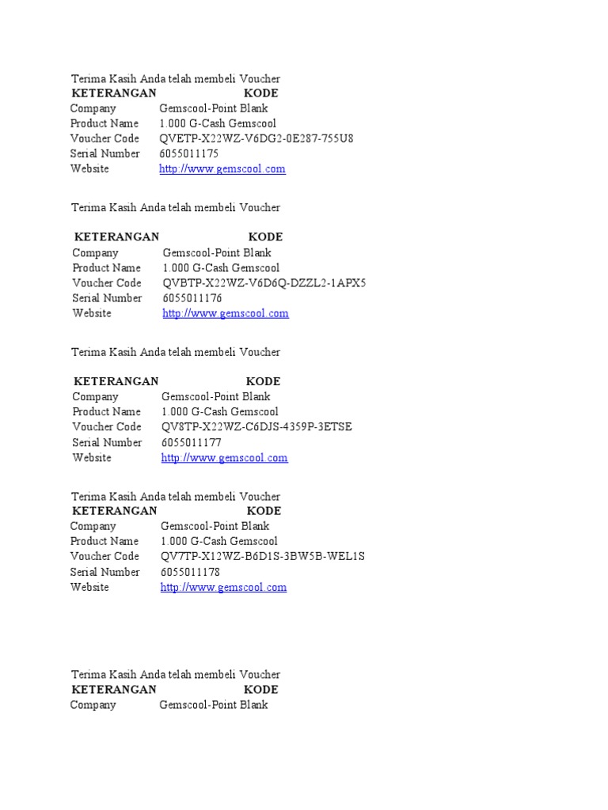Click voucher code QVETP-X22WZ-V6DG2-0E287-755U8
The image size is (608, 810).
256,138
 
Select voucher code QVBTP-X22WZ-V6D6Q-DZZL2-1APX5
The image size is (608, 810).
264,283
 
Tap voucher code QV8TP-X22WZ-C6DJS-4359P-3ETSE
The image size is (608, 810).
256,427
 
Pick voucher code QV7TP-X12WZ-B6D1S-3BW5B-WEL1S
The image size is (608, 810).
263,557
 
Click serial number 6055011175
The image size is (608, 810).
188,153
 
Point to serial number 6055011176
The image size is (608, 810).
192,298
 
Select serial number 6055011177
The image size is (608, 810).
191,442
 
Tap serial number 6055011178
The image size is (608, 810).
190,572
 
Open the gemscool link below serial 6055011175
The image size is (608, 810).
222,169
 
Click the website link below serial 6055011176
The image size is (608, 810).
226,314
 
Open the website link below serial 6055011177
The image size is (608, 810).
225,458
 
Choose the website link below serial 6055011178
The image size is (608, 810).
223,588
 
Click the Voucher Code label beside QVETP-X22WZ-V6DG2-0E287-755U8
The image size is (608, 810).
104,138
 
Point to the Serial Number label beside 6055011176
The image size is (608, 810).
107,298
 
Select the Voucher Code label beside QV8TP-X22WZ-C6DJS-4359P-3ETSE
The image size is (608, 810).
107,427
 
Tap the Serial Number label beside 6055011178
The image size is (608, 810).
104,572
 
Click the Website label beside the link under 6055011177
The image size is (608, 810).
92,458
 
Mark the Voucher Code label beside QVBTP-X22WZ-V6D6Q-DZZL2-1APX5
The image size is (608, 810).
107,283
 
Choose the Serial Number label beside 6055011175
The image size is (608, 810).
104,153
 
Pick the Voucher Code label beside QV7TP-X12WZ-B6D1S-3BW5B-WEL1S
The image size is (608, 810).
104,557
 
